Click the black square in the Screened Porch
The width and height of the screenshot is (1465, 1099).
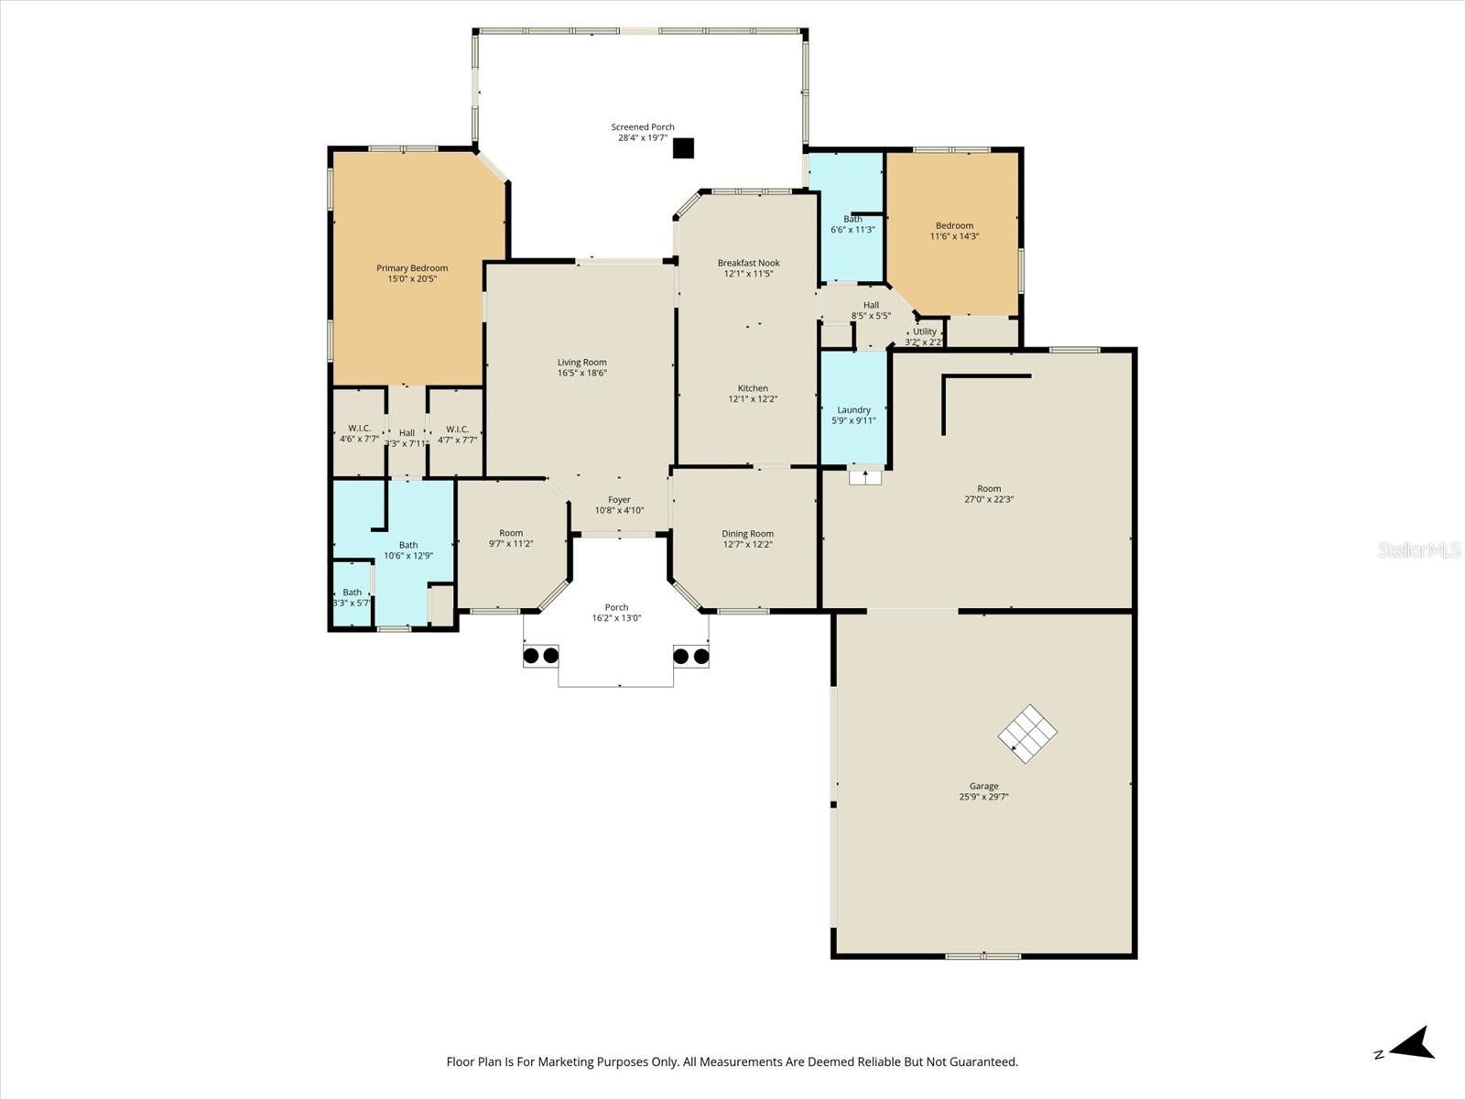click(x=683, y=148)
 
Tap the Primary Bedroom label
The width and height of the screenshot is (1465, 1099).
click(x=412, y=268)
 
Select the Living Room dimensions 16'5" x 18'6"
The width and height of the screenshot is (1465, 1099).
click(x=582, y=373)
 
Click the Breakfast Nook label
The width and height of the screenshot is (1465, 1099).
click(x=748, y=263)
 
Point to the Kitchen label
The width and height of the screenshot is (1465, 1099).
click(x=753, y=388)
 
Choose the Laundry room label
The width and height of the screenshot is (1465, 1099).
click(x=853, y=410)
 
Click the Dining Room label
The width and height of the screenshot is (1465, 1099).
click(x=747, y=534)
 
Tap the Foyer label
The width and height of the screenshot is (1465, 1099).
click(x=619, y=500)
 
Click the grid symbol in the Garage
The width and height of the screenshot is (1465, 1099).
click(x=1027, y=733)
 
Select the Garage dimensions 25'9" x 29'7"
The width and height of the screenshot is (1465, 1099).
click(x=983, y=797)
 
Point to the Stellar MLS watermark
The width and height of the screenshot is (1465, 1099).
click(x=1419, y=549)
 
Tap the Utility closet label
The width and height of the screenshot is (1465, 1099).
click(x=925, y=332)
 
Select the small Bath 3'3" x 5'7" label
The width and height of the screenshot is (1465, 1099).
click(x=352, y=597)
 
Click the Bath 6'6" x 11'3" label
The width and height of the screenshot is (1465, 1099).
click(x=852, y=224)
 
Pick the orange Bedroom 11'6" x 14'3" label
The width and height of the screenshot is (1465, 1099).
click(x=954, y=231)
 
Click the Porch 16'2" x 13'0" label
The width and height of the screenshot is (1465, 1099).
click(x=616, y=613)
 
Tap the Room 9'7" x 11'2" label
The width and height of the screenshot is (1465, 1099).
click(x=511, y=539)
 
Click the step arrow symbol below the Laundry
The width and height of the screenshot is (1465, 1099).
click(x=865, y=476)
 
